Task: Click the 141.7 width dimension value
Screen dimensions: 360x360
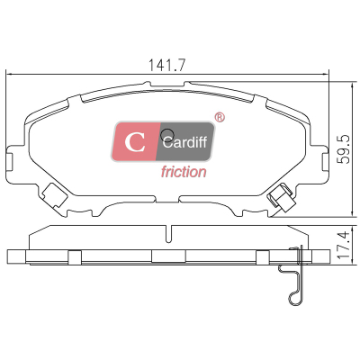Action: point(167,65)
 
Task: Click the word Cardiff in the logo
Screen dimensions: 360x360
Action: point(184,141)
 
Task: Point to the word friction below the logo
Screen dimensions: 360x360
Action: point(184,172)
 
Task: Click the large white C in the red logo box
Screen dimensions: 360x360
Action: point(135,142)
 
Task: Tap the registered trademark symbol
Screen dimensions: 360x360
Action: point(220,117)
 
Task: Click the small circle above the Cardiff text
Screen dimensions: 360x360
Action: point(167,135)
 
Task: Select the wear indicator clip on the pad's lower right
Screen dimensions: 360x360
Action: point(281,197)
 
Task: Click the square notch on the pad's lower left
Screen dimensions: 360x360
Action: point(54,195)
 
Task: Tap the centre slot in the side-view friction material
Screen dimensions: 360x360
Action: point(169,234)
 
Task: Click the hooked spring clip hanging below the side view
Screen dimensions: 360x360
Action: point(292,275)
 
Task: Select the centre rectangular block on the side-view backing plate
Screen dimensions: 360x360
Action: point(168,256)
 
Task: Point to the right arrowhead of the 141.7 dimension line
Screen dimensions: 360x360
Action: point(325,74)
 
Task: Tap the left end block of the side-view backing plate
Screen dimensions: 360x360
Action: point(16,256)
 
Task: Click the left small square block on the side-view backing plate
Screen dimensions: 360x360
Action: point(75,257)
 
